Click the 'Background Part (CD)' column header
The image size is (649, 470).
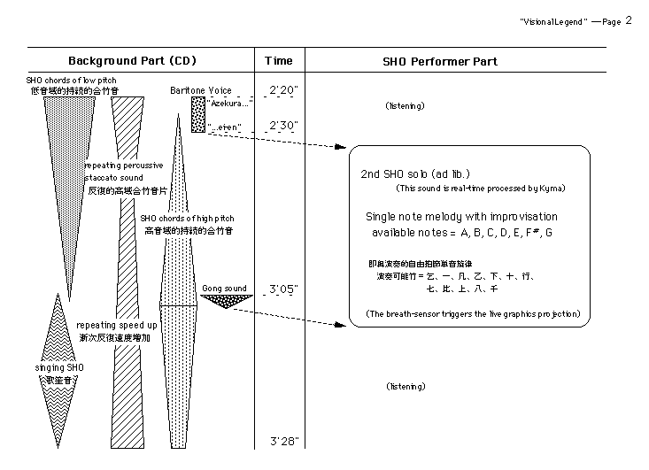(x=132, y=61)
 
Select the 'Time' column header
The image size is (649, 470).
(x=279, y=61)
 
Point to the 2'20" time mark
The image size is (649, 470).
(x=283, y=90)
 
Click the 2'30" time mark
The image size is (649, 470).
(x=283, y=126)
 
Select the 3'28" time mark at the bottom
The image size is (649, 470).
(x=283, y=440)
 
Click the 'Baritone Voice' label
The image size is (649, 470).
(x=201, y=90)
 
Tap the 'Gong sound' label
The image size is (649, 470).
(x=225, y=289)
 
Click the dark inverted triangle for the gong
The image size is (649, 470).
(x=227, y=301)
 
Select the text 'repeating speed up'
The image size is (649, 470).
(x=117, y=325)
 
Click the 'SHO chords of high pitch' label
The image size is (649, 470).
(x=187, y=218)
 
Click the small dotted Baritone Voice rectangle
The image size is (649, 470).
(x=197, y=115)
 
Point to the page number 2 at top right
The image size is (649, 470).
(x=628, y=20)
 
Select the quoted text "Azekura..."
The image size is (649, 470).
(x=231, y=103)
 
